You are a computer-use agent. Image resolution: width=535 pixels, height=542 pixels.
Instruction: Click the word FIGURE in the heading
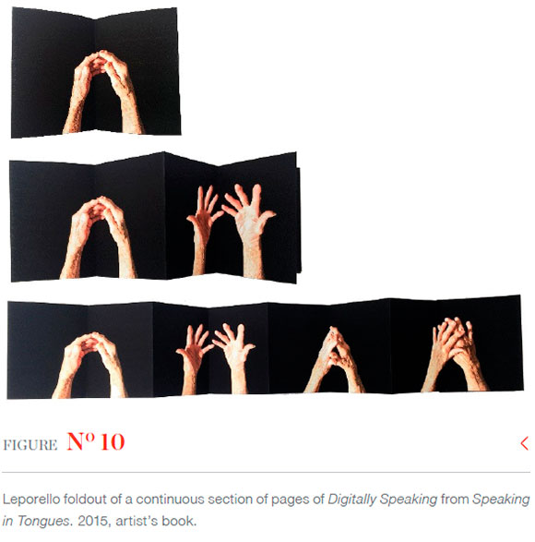[30, 445]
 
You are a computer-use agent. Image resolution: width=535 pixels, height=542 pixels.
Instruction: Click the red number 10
[113, 441]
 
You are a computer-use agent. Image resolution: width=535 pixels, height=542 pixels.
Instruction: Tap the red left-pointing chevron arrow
[524, 443]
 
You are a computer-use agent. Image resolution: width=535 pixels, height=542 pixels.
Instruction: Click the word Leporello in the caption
[31, 500]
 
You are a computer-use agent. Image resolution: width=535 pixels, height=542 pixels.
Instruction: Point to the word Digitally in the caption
[351, 500]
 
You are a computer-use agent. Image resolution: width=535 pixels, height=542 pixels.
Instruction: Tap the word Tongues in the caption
[44, 522]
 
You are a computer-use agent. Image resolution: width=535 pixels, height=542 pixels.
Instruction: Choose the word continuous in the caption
[169, 500]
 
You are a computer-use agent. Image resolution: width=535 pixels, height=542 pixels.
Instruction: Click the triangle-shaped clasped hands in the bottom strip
[334, 359]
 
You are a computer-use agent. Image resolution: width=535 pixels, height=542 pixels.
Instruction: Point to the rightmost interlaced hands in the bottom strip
[454, 355]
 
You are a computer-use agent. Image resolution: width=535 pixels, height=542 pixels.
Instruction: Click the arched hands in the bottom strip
[89, 366]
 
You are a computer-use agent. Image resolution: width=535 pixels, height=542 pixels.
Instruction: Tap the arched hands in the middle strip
[98, 237]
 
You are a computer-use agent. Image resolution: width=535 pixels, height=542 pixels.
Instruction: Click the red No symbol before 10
[81, 441]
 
